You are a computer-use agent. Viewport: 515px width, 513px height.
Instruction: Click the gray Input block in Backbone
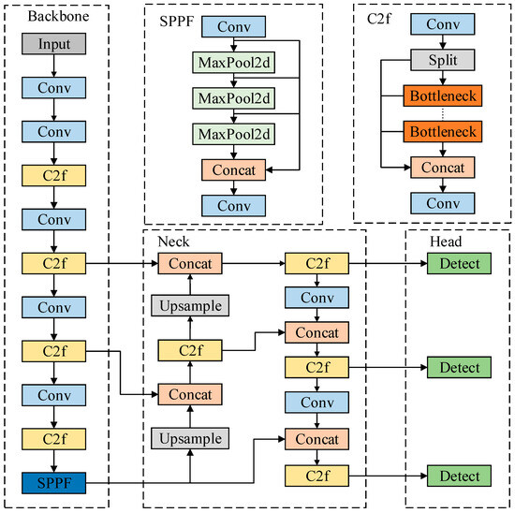[55, 43]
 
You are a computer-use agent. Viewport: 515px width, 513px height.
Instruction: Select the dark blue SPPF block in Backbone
[55, 483]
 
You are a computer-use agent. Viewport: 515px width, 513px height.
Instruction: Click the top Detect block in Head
[458, 265]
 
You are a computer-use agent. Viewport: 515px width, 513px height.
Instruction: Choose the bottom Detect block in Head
[458, 476]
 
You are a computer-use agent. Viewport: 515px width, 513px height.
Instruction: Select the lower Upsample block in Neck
[190, 437]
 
